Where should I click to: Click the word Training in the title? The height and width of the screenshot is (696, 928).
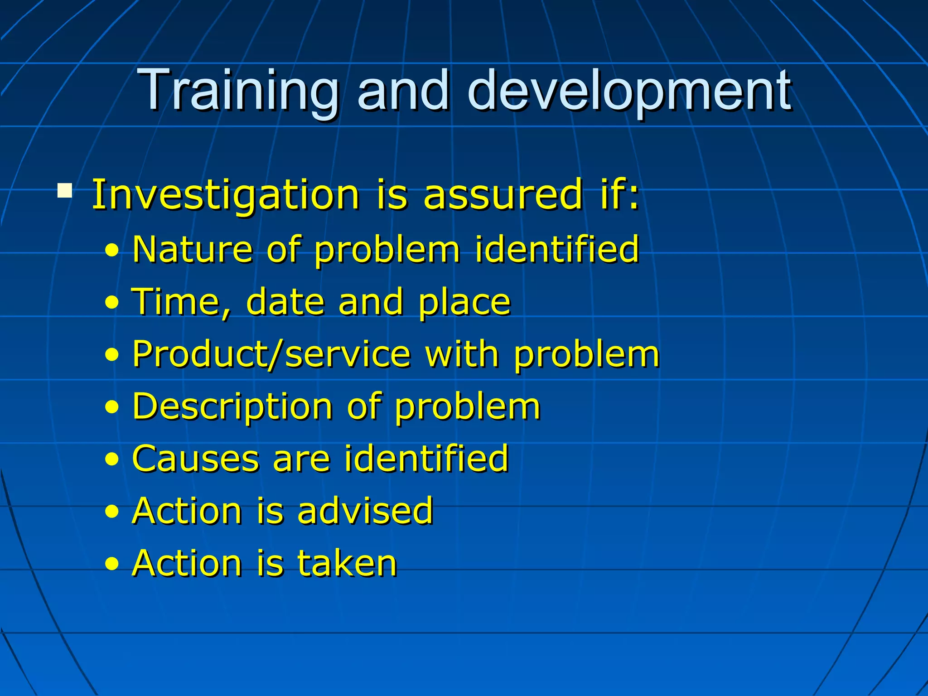click(x=239, y=91)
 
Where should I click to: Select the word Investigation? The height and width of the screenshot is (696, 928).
click(x=226, y=195)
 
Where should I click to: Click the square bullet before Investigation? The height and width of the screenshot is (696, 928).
click(x=65, y=191)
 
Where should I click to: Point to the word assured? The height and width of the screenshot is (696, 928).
click(x=503, y=195)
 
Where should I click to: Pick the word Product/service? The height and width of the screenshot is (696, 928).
click(x=271, y=354)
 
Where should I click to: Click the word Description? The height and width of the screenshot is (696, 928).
click(x=232, y=406)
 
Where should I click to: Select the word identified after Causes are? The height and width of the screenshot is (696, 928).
click(x=426, y=459)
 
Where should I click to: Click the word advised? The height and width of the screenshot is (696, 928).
click(x=365, y=511)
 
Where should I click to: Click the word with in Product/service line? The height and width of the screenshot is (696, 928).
click(x=462, y=354)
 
